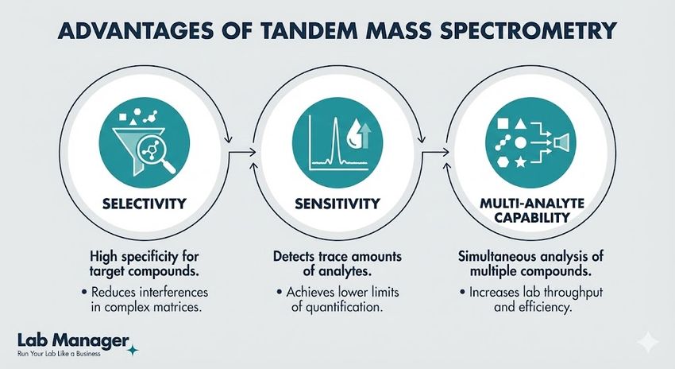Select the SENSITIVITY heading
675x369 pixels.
[338, 204]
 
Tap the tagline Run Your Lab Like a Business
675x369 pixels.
[59, 353]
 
